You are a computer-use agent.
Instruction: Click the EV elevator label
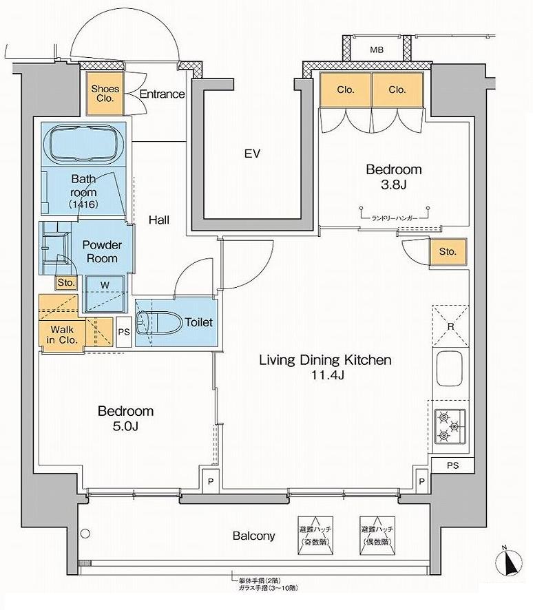point(252,154)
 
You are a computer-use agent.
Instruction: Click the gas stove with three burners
point(450,425)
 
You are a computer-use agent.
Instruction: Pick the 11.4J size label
point(326,375)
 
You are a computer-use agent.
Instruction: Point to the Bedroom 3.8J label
point(393,176)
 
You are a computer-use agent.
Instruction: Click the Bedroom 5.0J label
point(125,419)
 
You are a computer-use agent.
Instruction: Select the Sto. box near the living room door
point(448,251)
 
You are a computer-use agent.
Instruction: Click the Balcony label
point(253,536)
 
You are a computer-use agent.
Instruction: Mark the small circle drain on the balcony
point(85,532)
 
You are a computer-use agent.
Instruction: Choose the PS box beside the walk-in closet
point(124,331)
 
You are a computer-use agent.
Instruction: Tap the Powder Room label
point(102,251)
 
